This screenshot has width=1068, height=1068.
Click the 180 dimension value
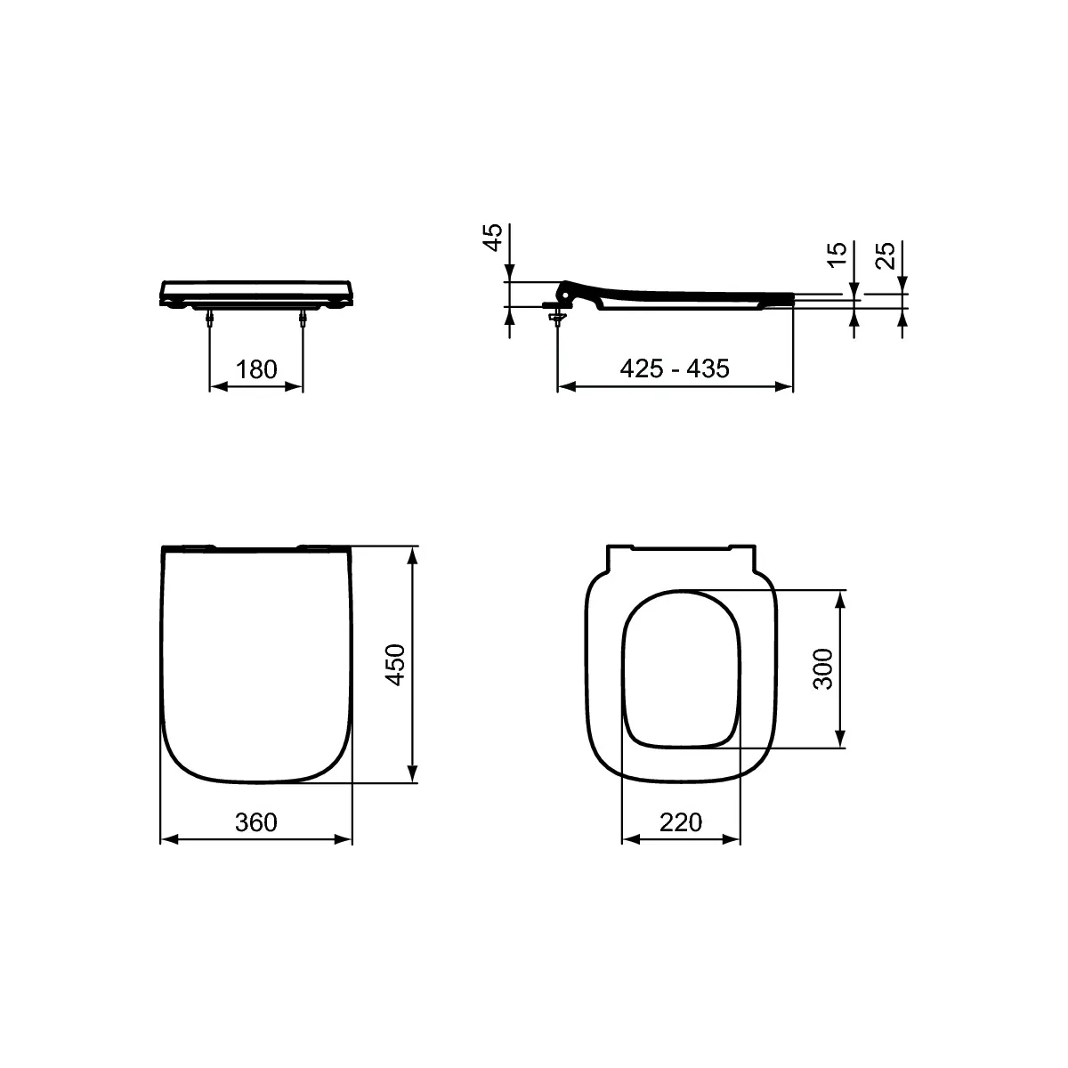(x=258, y=369)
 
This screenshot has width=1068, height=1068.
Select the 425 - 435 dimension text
(x=676, y=368)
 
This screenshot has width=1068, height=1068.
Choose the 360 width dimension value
(x=256, y=822)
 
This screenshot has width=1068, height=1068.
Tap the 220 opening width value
(x=681, y=822)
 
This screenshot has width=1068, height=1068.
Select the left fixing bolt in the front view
(x=210, y=319)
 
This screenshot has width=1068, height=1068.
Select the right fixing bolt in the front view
(x=303, y=319)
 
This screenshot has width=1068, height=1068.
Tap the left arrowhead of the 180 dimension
(x=217, y=387)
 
